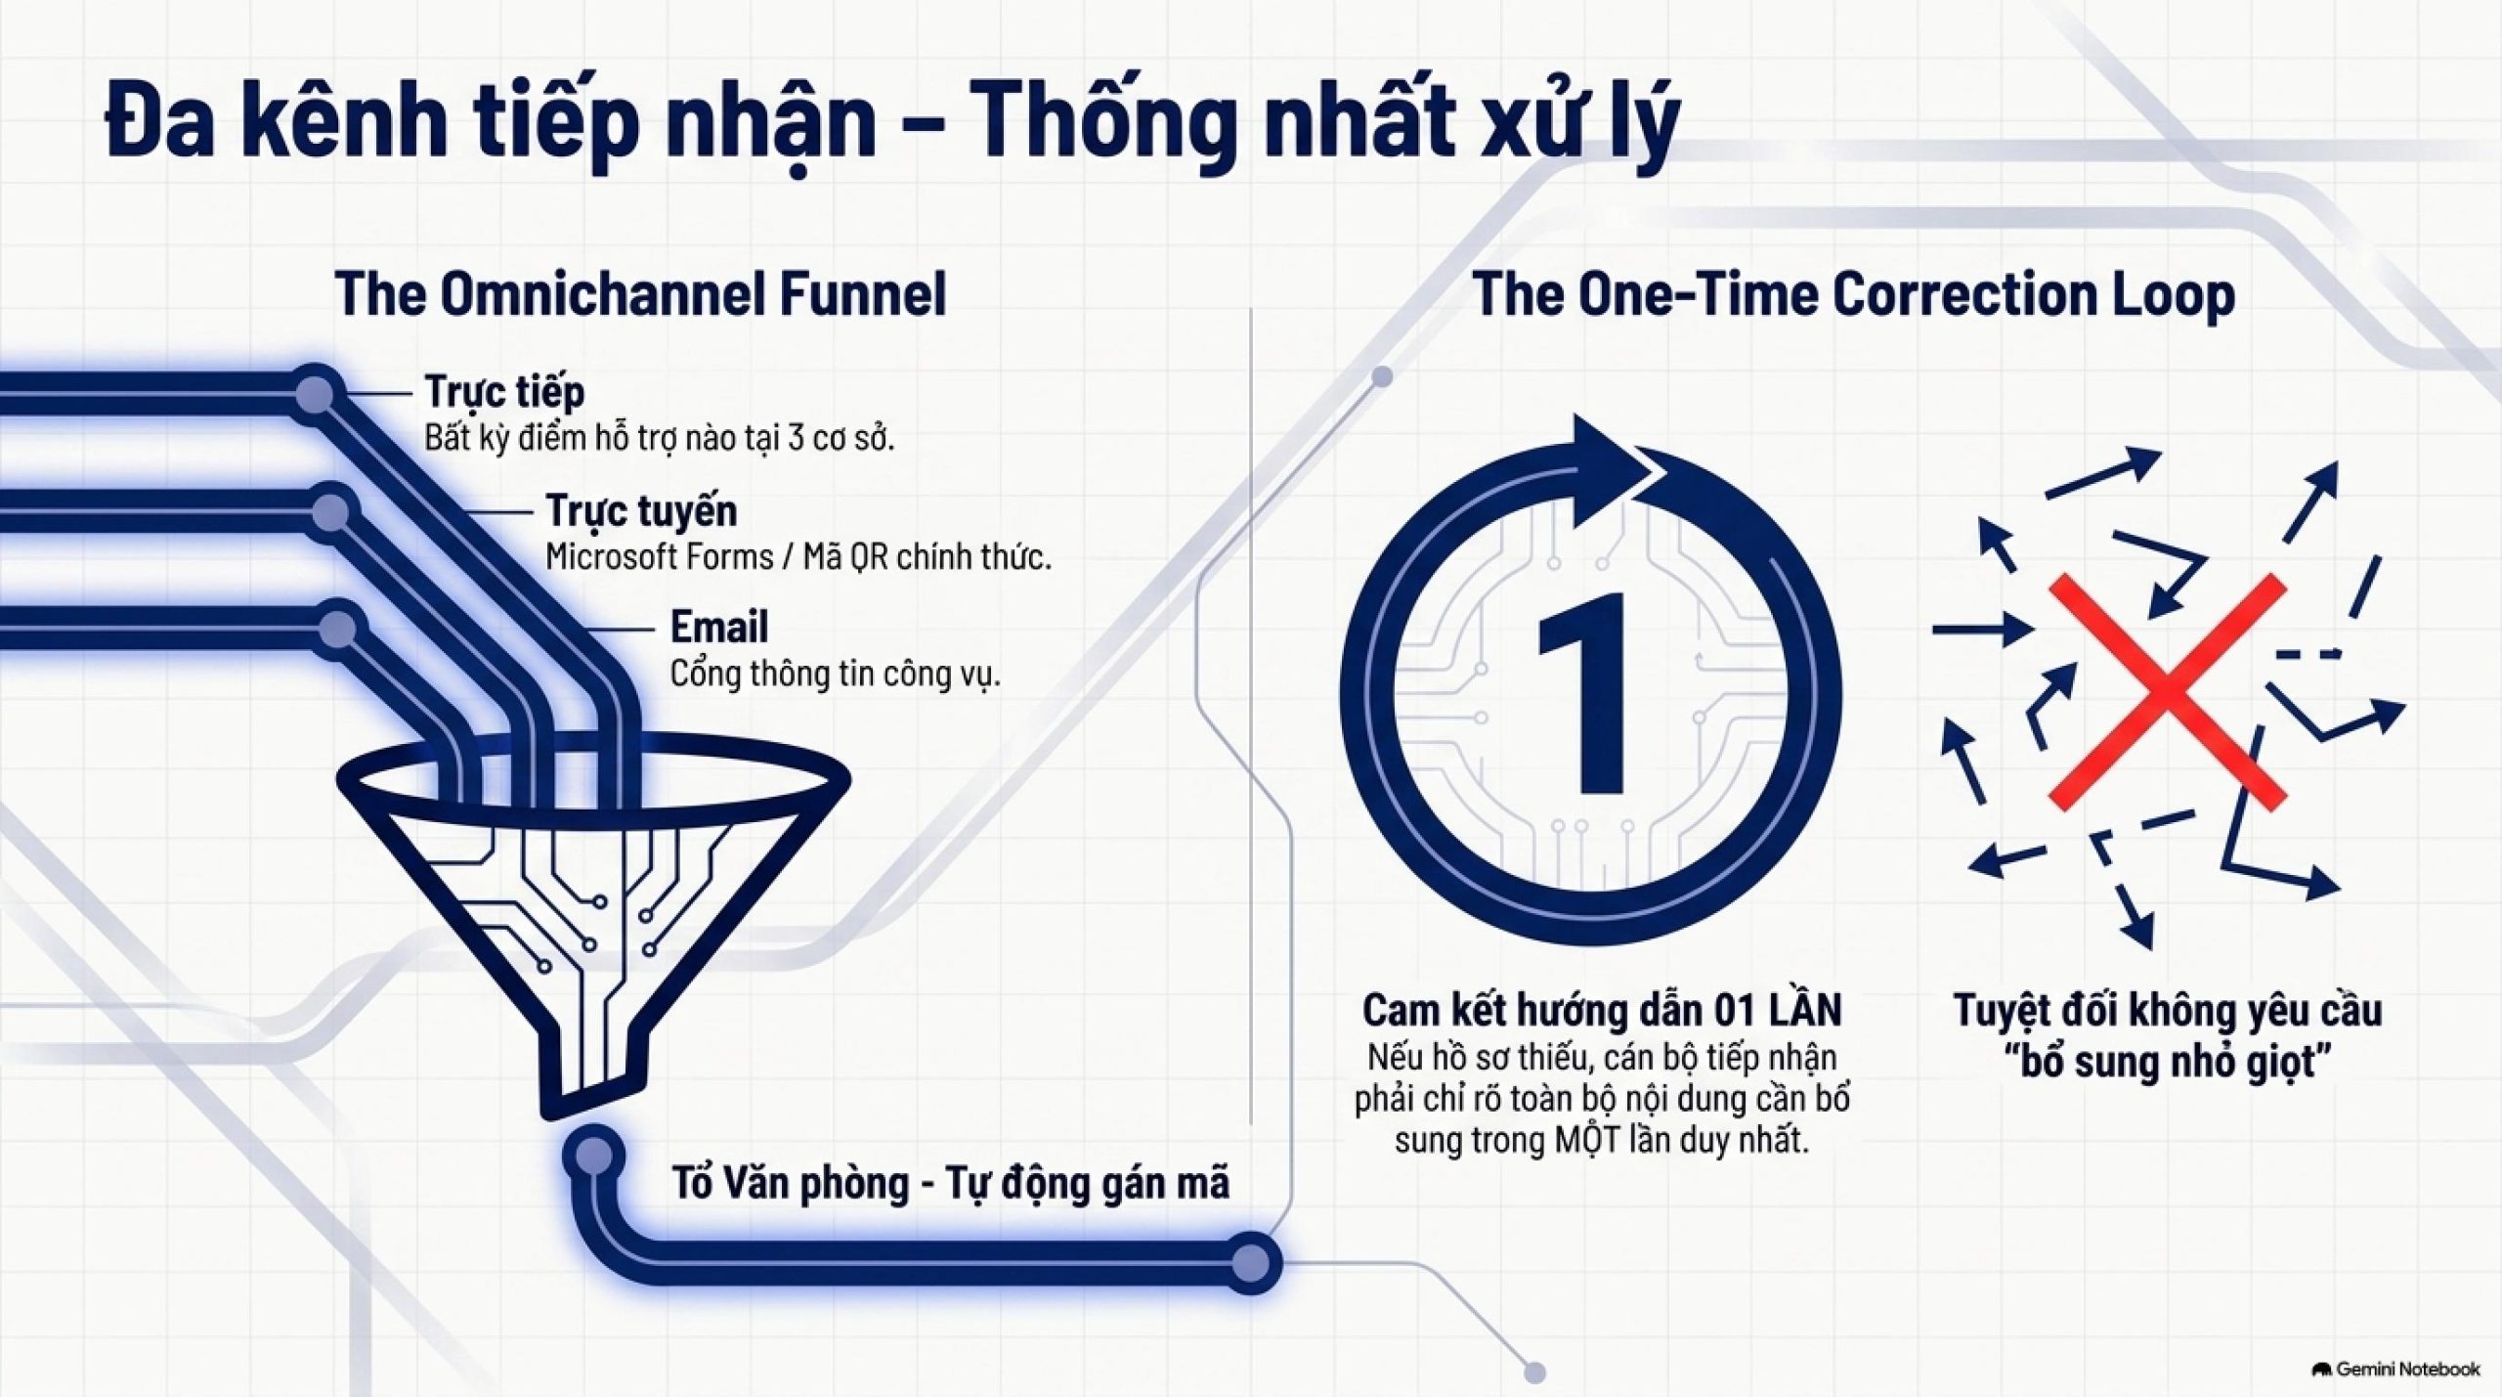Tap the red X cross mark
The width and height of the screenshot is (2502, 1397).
pyautogui.click(x=2167, y=692)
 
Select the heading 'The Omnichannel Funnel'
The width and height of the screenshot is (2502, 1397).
pyautogui.click(x=640, y=293)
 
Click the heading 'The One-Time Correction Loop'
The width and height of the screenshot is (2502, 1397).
pyautogui.click(x=1853, y=293)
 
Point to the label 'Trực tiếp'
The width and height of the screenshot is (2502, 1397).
pyautogui.click(x=504, y=391)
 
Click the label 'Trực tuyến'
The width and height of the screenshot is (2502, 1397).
pyautogui.click(x=641, y=510)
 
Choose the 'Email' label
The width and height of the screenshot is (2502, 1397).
pyautogui.click(x=719, y=627)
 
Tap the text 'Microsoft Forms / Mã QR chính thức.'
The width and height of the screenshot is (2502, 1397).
pyautogui.click(x=798, y=557)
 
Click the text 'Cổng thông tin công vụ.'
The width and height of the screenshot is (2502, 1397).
pyautogui.click(x=836, y=674)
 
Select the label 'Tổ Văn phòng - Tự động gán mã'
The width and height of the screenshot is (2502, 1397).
pyautogui.click(x=951, y=1183)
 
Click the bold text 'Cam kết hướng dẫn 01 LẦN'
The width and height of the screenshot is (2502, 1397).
pyautogui.click(x=1602, y=1010)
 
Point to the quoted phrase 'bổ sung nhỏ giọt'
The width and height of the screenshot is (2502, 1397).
pyautogui.click(x=2168, y=1062)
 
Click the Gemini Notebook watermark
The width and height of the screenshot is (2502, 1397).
pyautogui.click(x=2395, y=1369)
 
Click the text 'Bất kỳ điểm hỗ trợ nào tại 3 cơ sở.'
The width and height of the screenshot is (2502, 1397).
pyautogui.click(x=660, y=438)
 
